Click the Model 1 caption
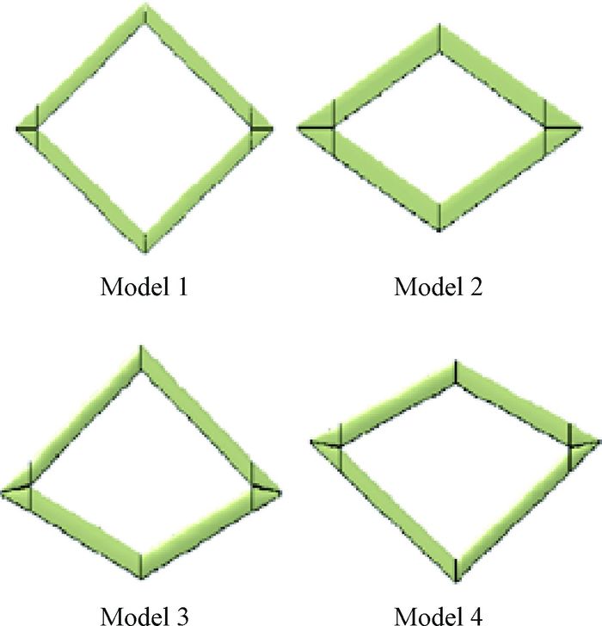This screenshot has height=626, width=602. pyautogui.click(x=144, y=286)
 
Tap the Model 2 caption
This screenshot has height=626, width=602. pyautogui.click(x=439, y=286)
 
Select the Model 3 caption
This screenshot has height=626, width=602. pyautogui.click(x=144, y=615)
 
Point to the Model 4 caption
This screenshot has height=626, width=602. pyautogui.click(x=439, y=615)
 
